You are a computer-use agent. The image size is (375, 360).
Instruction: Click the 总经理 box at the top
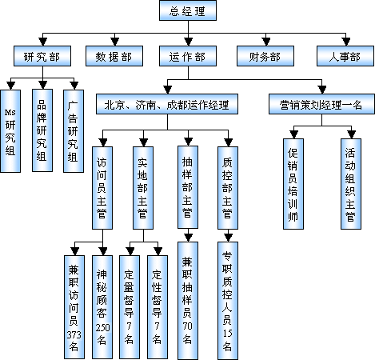tap(188, 10)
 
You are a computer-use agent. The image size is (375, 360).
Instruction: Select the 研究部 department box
tap(42, 56)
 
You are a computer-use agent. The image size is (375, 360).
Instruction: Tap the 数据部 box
tap(114, 56)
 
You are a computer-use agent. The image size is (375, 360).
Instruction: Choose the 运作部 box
tap(188, 56)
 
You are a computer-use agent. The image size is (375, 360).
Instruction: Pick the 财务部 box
tap(265, 56)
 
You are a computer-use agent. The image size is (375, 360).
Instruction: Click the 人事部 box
tap(345, 56)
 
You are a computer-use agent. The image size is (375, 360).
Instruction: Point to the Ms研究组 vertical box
tap(10, 131)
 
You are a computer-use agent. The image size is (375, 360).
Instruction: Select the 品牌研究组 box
tap(42, 130)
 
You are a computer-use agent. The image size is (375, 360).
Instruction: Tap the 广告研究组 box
tap(74, 131)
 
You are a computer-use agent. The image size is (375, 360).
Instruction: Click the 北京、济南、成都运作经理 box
tap(167, 104)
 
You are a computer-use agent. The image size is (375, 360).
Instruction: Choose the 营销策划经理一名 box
tap(321, 104)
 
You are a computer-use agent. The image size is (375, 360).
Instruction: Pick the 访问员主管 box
tap(102, 188)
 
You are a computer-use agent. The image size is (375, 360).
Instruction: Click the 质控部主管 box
tap(228, 188)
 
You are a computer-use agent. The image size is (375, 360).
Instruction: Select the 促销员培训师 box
tap(293, 184)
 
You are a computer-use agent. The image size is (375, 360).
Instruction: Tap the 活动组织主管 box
tap(351, 184)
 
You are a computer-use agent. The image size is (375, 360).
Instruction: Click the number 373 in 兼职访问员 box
tap(74, 334)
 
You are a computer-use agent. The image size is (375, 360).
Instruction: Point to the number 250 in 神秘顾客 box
tap(102, 327)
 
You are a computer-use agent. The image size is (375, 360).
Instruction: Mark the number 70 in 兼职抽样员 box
tap(187, 326)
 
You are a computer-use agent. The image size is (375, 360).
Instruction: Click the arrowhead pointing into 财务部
tap(265, 42)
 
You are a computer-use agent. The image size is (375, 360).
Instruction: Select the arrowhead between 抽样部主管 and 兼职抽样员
tap(188, 238)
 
